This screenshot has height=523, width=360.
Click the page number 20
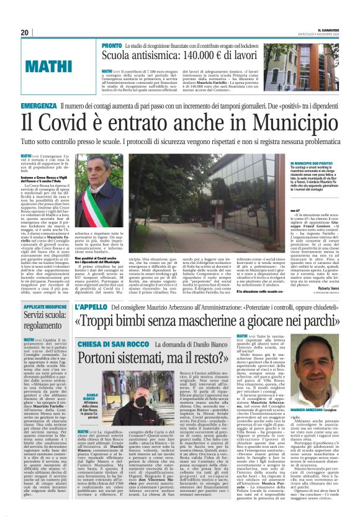point(25,32)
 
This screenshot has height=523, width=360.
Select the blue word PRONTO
point(112,47)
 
